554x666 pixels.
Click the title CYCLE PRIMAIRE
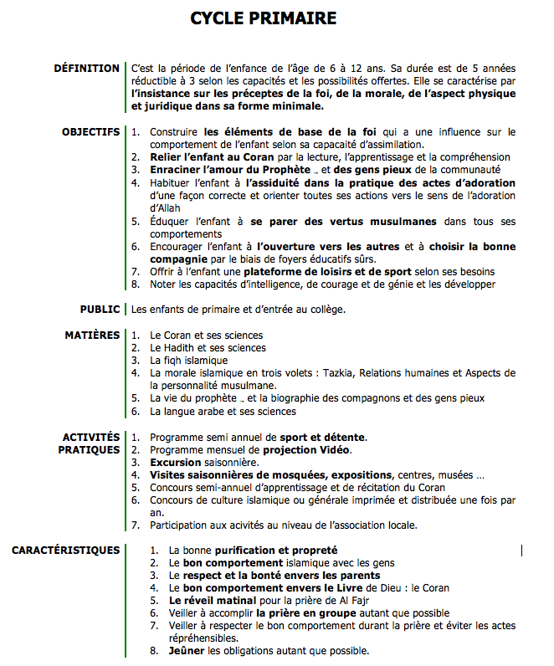263,18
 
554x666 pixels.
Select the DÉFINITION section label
86,68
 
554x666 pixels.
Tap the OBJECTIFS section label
90,132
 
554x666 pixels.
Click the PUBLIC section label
100,309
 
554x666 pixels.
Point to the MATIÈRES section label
92,336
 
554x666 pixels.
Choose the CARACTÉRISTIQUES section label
65,550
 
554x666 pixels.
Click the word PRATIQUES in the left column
89,449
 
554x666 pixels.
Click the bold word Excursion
176,462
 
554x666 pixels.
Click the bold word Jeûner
187,650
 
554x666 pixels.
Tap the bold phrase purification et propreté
276,551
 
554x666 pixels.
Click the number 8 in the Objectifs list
136,284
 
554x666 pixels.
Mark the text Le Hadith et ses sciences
207,348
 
